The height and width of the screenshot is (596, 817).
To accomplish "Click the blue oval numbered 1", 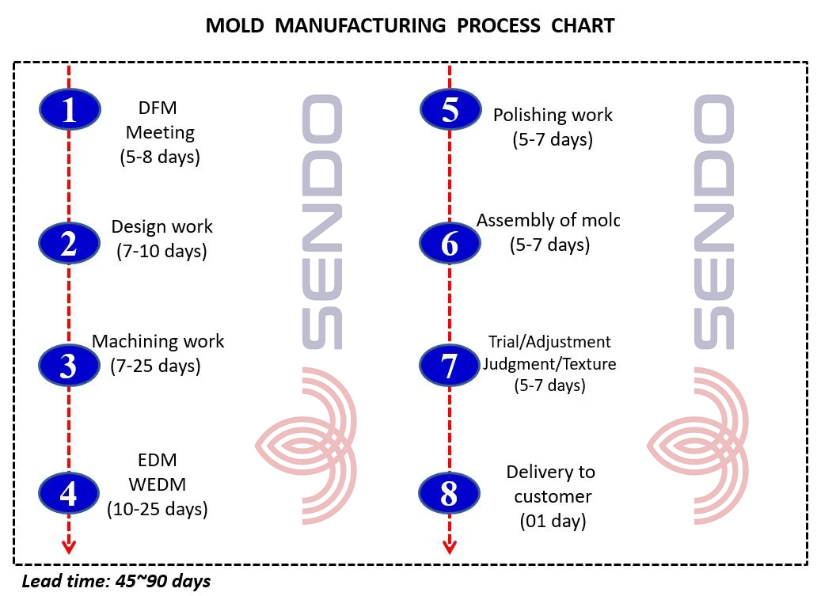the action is coord(70,109).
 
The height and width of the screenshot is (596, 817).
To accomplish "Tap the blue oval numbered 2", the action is coord(70,243).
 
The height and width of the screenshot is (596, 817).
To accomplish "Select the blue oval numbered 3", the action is coord(69,365).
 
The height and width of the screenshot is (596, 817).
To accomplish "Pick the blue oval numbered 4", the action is coord(69,493).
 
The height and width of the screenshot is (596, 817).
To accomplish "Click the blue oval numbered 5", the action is coord(450,109).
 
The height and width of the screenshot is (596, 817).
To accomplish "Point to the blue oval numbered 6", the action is coord(450,243).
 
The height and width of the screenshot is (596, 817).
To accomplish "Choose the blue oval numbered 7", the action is coord(450,365).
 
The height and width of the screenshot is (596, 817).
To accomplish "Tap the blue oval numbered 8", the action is coord(449,493).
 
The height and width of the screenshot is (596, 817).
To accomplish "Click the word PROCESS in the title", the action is coord(499,25).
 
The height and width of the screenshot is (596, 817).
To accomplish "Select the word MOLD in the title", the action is coord(234,25).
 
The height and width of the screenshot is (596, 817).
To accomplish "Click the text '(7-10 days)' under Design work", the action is coord(161,251).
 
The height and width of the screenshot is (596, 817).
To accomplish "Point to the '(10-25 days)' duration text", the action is coord(158,509).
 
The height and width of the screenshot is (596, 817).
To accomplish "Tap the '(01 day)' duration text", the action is coord(553,521).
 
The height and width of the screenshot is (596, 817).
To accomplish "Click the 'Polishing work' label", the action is coord(553,115).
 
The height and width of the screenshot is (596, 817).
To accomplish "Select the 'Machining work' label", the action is coord(158,341).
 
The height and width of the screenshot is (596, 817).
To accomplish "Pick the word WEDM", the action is coord(157,484).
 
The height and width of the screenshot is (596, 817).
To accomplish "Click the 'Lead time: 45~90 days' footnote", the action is coord(116,582).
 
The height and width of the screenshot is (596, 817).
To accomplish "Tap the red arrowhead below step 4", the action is coord(69,546).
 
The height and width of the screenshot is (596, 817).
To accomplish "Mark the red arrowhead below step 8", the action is coord(450,546).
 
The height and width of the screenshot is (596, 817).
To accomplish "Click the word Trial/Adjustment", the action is coord(549,342).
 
